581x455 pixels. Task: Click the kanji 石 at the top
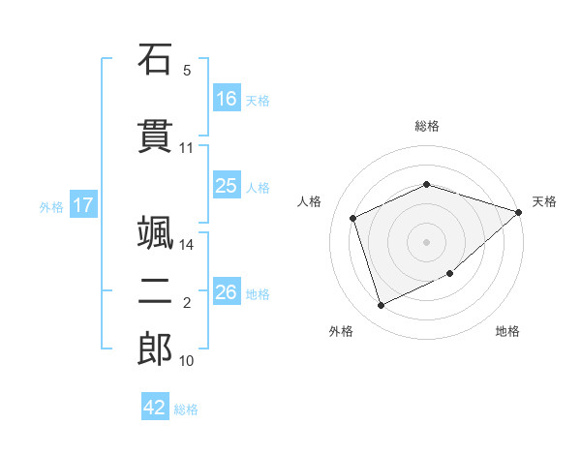click(x=155, y=59)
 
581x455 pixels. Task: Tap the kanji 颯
click(x=155, y=232)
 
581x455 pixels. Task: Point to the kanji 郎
click(x=155, y=349)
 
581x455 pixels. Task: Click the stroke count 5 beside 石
click(x=187, y=71)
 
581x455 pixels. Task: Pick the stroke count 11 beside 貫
click(x=186, y=148)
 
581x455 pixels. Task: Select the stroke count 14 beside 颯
click(x=186, y=245)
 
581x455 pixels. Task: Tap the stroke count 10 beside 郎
click(x=186, y=360)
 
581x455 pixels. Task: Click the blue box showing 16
click(x=227, y=98)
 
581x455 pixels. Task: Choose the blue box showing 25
click(x=227, y=185)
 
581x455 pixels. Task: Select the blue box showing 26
click(x=227, y=290)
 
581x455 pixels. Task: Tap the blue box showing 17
click(x=83, y=204)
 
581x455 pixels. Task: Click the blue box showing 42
click(x=155, y=406)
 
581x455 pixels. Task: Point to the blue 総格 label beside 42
click(x=186, y=409)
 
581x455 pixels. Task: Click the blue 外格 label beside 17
click(x=51, y=207)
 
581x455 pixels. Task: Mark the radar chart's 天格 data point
click(x=518, y=212)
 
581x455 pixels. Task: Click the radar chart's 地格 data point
click(x=450, y=273)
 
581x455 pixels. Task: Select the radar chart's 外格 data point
click(x=381, y=305)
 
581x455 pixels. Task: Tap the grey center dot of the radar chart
click(x=426, y=242)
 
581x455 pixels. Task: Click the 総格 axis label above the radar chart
click(x=427, y=126)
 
